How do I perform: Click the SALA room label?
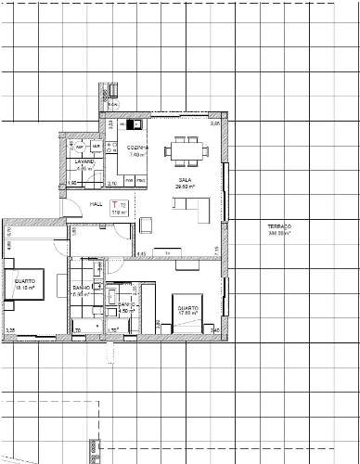click(x=184, y=179)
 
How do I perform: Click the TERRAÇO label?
click(x=279, y=227)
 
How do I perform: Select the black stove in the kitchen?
click(x=134, y=124)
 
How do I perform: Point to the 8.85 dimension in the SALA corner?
click(x=215, y=123)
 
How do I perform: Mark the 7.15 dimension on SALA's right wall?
click(x=216, y=248)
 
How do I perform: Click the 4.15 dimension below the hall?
click(x=142, y=252)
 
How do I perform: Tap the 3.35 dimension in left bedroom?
click(x=10, y=329)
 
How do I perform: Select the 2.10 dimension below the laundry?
click(x=99, y=184)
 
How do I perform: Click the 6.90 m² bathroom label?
click(x=82, y=294)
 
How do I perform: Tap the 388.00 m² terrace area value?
click(x=279, y=234)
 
